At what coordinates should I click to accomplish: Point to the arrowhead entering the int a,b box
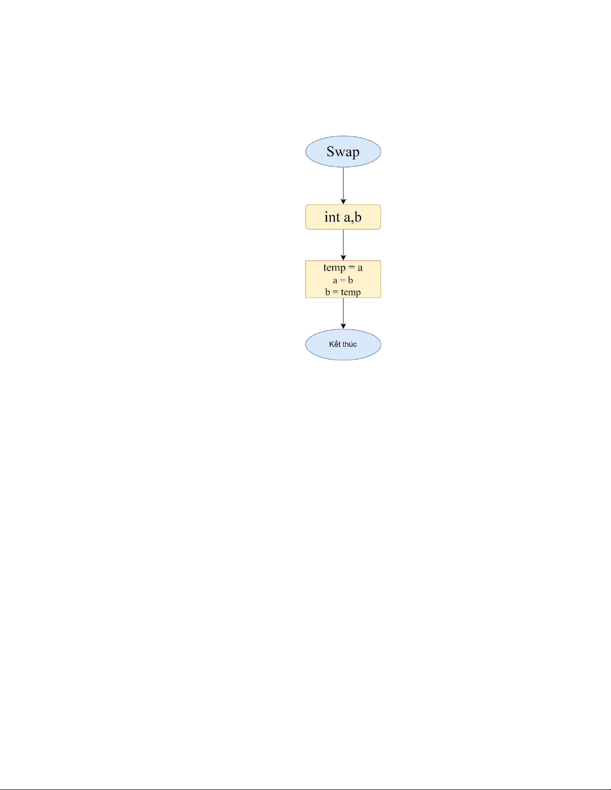343,201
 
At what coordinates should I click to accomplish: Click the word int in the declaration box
332,217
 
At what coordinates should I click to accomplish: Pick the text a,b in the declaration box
353,217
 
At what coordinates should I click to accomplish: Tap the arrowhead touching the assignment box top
343,257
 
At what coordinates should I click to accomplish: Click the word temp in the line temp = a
334,268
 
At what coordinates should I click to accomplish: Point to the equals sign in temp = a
352,268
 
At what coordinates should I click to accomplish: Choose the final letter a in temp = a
360,268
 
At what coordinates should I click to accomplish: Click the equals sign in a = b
343,280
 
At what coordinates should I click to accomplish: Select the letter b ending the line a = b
351,280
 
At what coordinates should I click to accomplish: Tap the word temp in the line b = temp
351,293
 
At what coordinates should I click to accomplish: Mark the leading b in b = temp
328,292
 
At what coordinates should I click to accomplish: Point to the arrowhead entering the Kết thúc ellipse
343,326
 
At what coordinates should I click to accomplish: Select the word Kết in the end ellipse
334,344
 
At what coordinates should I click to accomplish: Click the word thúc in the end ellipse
350,344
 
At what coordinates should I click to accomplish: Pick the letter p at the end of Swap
355,153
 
